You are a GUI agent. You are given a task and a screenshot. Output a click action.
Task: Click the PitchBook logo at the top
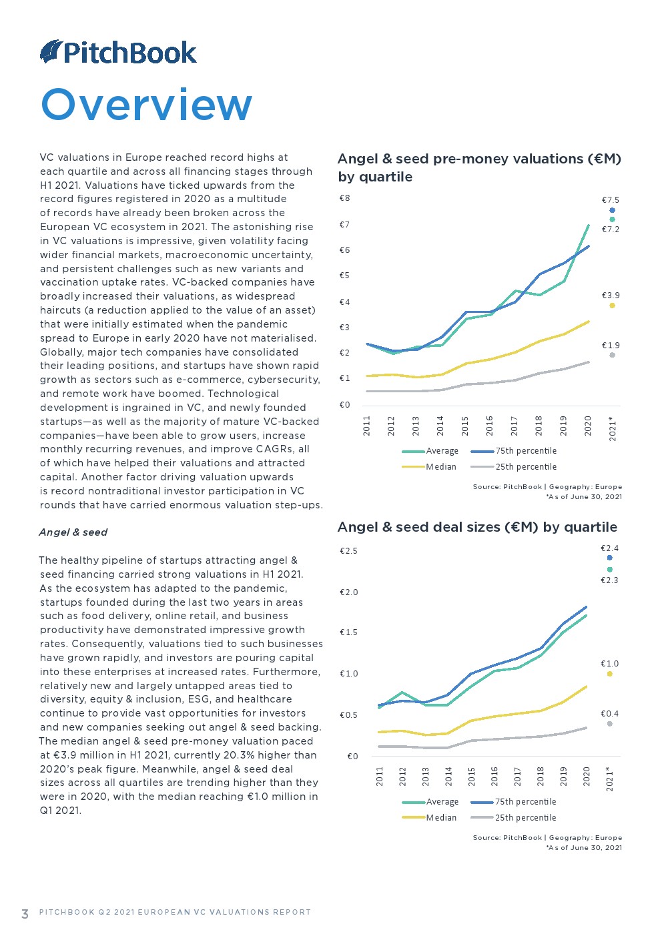point(119,53)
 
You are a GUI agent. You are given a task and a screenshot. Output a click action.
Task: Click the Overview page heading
point(147,105)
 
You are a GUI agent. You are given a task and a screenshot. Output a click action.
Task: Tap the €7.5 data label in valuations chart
point(611,200)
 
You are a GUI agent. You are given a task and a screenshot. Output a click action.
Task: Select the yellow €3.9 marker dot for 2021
point(612,306)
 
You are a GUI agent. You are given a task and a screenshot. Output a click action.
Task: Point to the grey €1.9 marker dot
point(612,355)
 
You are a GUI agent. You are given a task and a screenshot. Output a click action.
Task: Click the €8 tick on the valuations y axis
point(344,198)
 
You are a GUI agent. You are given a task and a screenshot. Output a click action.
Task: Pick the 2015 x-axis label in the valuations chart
point(465,426)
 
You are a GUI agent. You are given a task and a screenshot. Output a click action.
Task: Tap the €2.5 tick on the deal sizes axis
point(348,551)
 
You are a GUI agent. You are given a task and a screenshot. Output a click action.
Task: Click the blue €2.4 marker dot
point(609,558)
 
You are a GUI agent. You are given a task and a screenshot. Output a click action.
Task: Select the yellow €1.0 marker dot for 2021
point(609,674)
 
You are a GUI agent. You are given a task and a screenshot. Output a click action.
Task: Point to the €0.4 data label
point(609,714)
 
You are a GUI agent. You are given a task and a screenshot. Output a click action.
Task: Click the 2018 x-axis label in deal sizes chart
point(541,776)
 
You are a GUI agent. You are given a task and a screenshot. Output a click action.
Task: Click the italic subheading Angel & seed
point(73,532)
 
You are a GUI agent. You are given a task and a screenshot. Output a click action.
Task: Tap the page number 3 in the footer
point(25,914)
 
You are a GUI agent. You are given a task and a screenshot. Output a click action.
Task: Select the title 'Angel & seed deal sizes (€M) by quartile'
point(477,527)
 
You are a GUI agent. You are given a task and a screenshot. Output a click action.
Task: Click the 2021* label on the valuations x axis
point(613,428)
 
